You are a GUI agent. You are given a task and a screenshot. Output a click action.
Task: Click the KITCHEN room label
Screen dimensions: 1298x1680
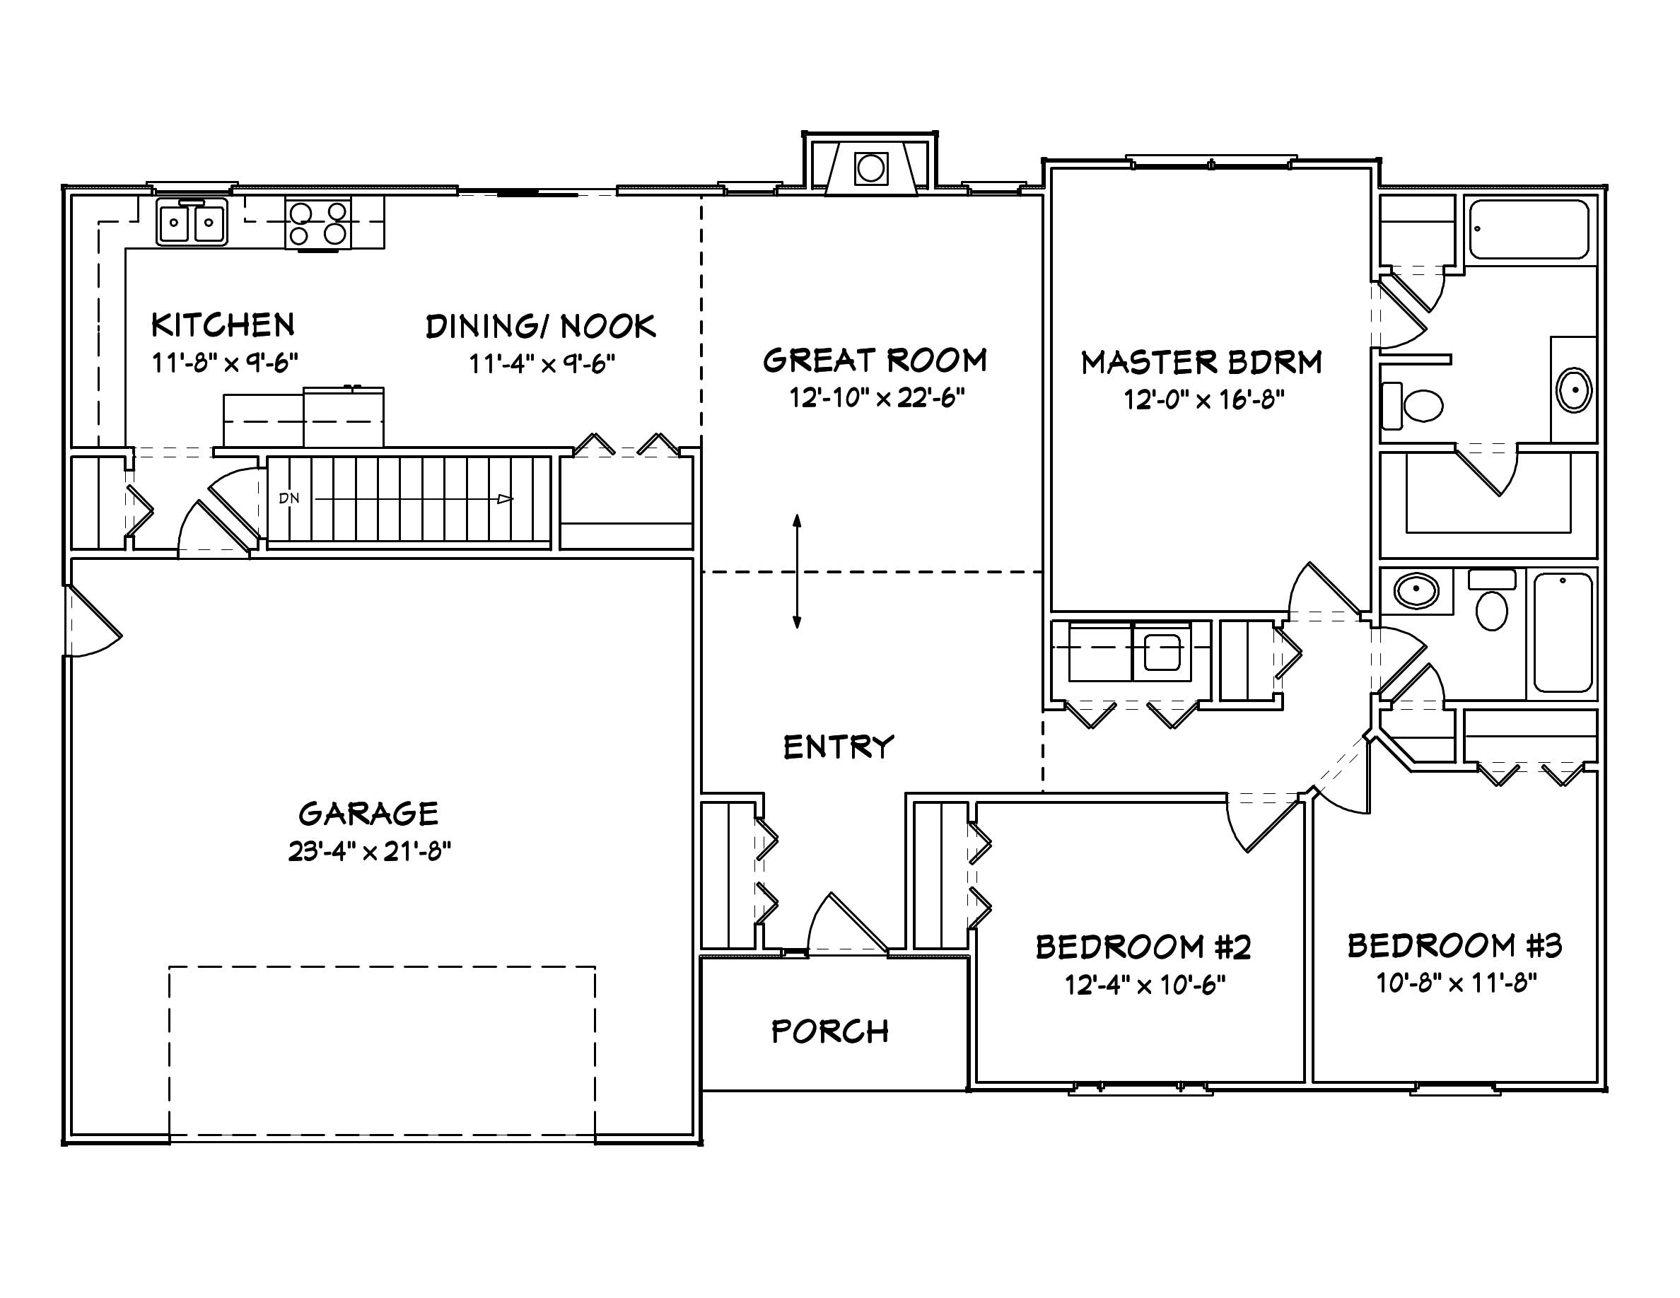click(222, 325)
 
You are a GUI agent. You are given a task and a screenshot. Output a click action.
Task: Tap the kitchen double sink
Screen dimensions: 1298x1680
click(192, 222)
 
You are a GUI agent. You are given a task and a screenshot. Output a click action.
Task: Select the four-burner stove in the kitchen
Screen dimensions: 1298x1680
click(317, 223)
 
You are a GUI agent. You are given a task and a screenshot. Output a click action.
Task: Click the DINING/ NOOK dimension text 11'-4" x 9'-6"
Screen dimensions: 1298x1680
click(542, 363)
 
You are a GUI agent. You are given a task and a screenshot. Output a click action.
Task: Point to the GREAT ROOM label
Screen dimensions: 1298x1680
click(875, 360)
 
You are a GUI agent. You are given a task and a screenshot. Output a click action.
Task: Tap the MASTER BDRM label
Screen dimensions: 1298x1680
click(1201, 362)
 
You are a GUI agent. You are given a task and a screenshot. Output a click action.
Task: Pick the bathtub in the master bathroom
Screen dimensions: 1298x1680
click(1529, 229)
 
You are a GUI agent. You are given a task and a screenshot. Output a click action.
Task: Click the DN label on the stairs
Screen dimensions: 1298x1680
click(289, 498)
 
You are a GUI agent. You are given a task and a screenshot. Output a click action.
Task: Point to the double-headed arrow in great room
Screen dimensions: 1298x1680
click(797, 571)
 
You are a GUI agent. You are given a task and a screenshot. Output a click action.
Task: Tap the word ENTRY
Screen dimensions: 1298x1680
click(839, 747)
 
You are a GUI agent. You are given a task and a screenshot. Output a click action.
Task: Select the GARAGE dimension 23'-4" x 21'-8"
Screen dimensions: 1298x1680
click(369, 851)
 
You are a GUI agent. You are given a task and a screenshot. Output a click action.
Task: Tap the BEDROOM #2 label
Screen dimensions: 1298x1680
click(1143, 947)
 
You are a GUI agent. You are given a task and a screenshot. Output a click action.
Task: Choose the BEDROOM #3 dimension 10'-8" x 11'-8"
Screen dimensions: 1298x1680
click(1456, 983)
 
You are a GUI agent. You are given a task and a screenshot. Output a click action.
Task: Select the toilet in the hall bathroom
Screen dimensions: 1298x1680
click(1491, 604)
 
